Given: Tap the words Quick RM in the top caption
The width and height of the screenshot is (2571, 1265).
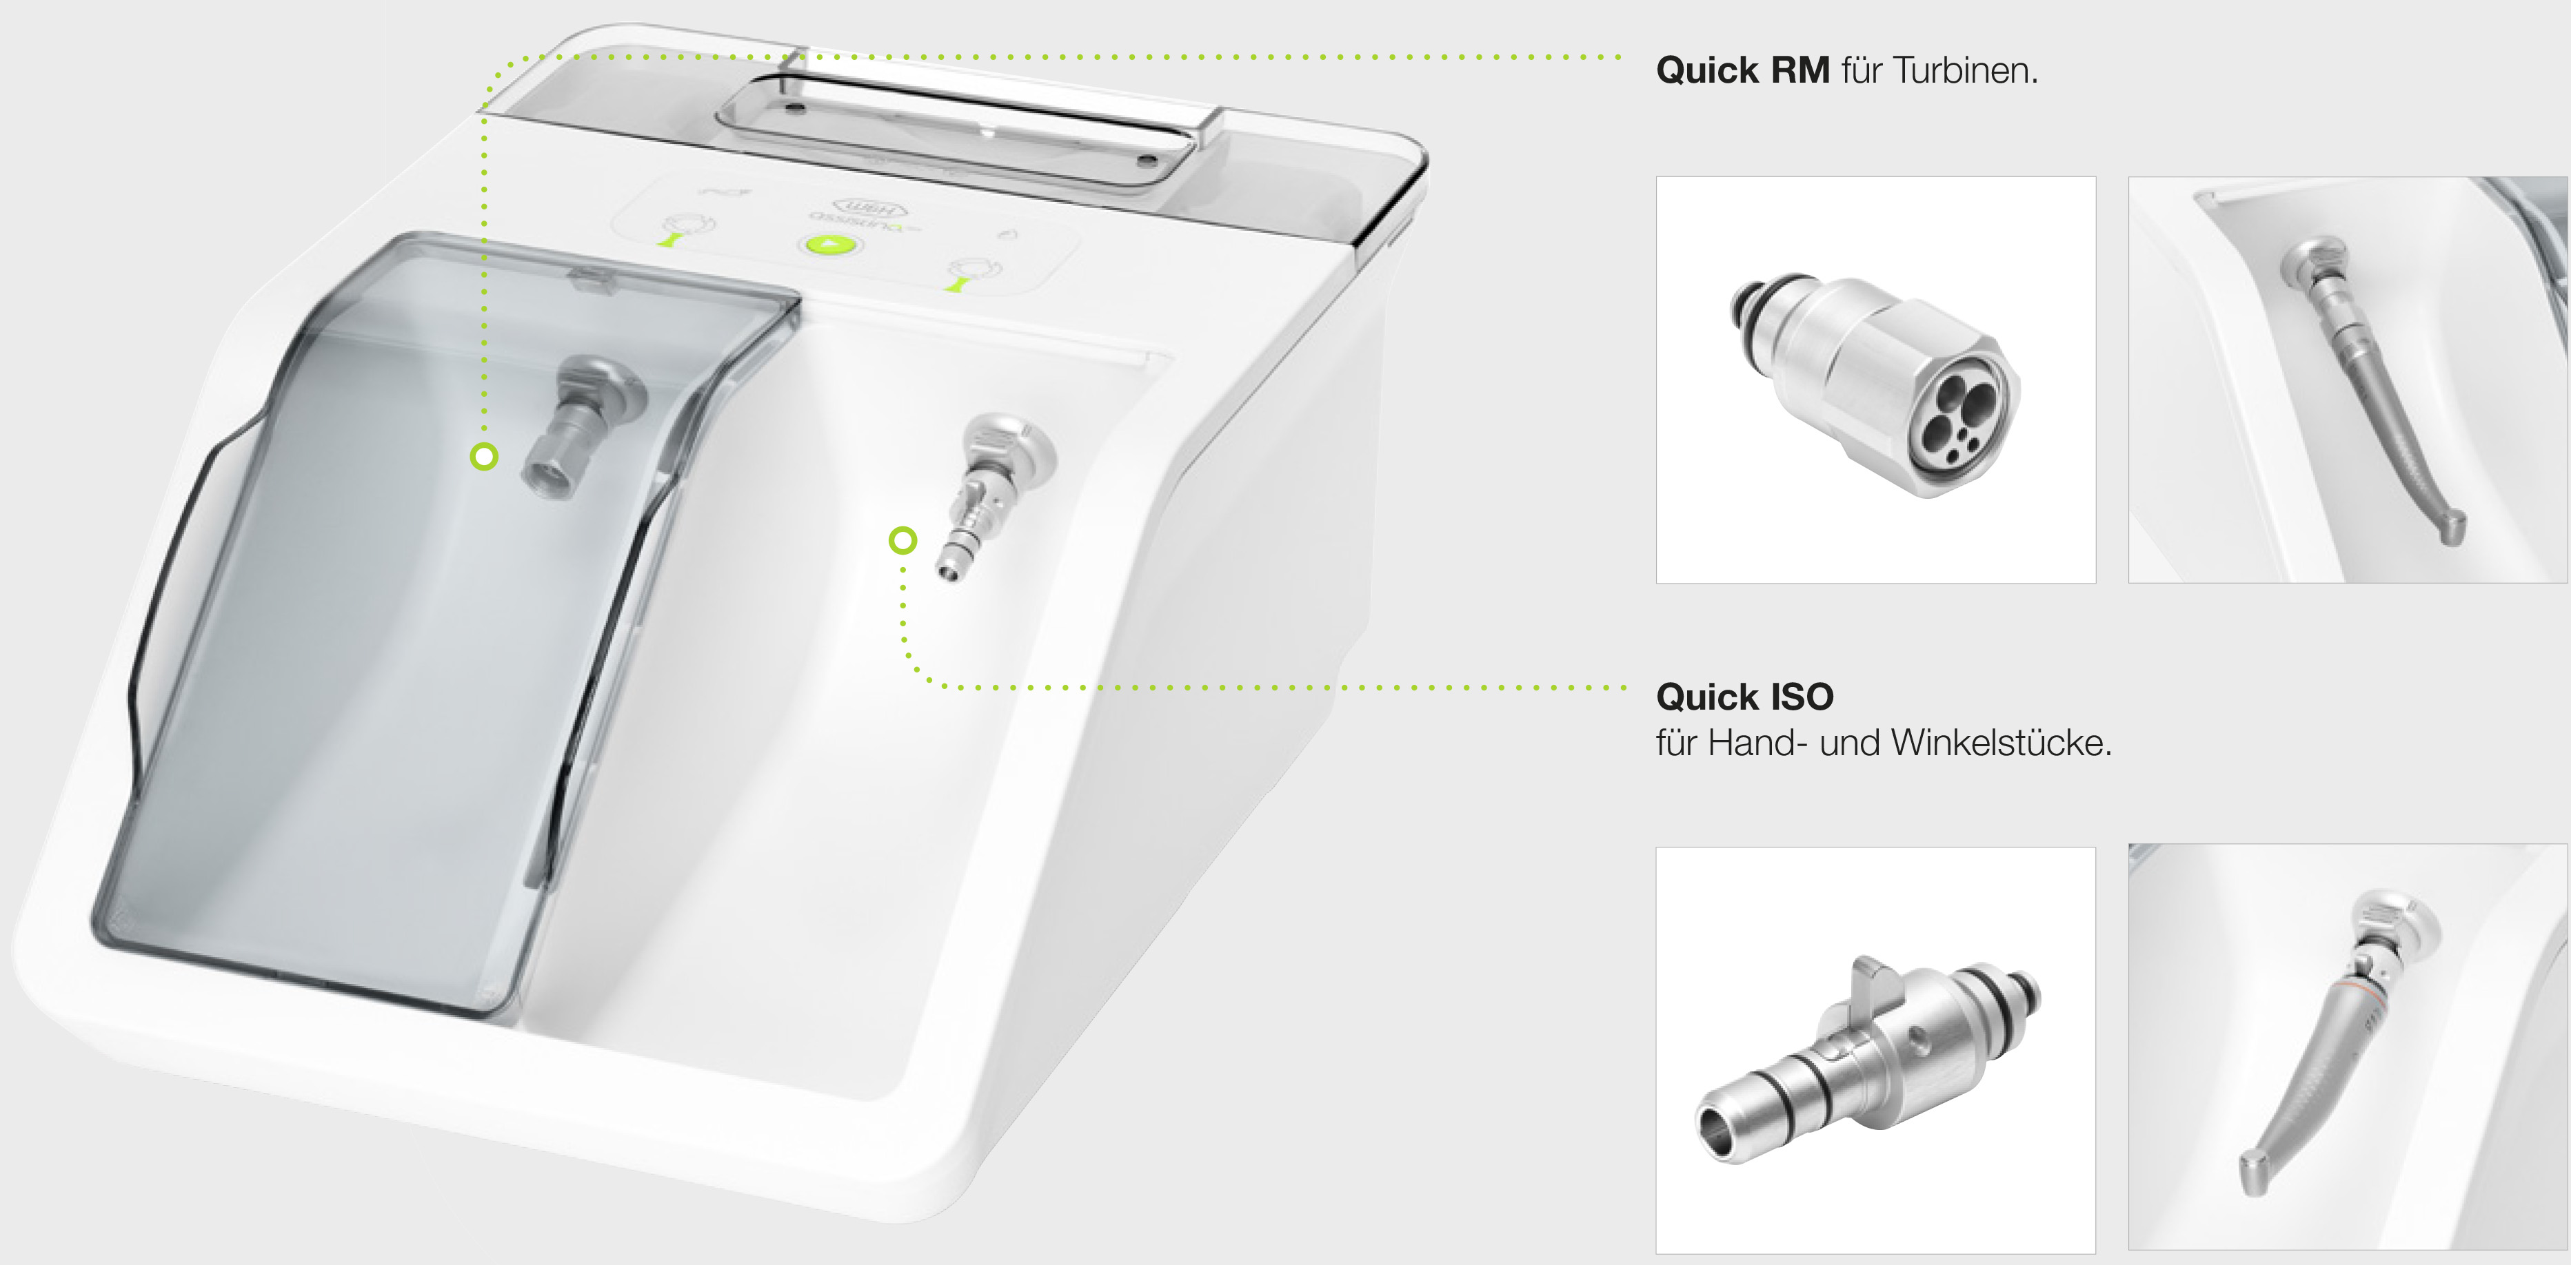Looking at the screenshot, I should tap(1742, 71).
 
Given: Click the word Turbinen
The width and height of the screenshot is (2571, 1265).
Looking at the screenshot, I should tap(1964, 71).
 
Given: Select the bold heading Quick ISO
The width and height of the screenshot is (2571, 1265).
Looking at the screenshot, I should tap(1744, 697).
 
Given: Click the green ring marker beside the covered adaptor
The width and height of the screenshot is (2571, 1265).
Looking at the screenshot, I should tap(484, 457).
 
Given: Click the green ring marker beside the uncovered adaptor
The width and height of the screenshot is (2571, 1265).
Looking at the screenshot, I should tap(903, 541).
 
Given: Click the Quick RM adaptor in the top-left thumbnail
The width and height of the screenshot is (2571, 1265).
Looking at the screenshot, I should tap(1876, 384).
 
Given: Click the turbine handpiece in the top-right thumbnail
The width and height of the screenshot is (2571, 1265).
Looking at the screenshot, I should tap(2370, 389).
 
